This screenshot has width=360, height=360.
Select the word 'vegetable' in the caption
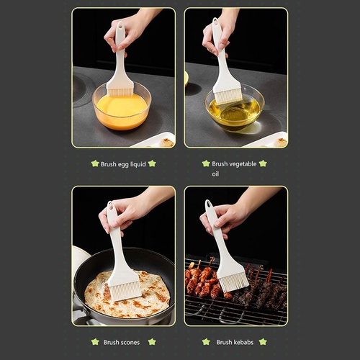243,164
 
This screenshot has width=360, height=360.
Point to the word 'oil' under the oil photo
215,174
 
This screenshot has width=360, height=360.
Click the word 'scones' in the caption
130,343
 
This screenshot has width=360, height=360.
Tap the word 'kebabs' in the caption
243,342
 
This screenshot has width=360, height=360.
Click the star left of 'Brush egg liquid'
95,164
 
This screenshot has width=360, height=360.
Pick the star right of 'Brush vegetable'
263,163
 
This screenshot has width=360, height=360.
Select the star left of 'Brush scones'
95,342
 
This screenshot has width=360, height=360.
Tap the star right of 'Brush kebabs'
263,342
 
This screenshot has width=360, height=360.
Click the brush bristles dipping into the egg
120,92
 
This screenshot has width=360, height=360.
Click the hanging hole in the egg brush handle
120,25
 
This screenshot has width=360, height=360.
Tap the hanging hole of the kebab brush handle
209,204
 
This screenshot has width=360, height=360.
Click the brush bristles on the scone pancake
125,292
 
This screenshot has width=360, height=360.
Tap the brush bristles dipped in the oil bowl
228,97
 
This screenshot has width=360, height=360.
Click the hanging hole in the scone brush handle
110,205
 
